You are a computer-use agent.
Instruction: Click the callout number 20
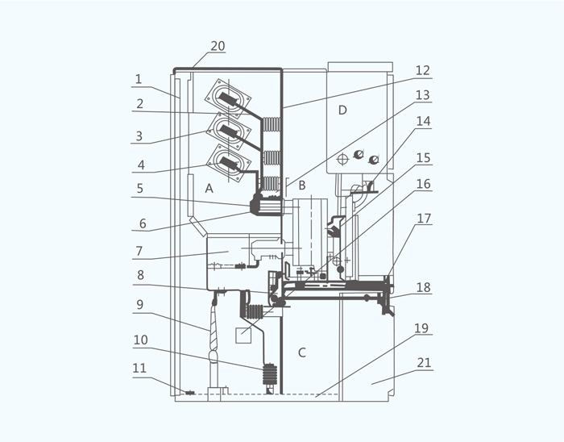coord(218,46)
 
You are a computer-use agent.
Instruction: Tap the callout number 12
coord(423,70)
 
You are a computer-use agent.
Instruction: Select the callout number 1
coord(139,79)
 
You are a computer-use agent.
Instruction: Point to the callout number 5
coord(140,188)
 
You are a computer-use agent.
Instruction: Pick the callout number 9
coord(140,305)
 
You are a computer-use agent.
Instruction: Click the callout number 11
coord(139,369)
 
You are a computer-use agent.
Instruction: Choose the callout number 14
coord(423,121)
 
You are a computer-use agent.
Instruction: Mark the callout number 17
coord(424,219)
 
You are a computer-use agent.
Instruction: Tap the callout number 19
coord(421,328)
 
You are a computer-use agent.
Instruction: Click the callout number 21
coord(424,363)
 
